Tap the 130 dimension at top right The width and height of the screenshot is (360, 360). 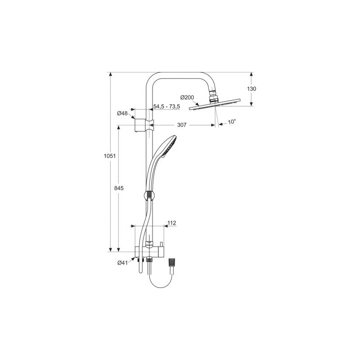(x=252, y=89)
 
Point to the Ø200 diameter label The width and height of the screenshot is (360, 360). (x=187, y=98)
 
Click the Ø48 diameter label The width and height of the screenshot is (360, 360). (x=122, y=113)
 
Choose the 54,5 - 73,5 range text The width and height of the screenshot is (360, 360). (x=166, y=107)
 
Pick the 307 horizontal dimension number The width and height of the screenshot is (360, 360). (x=182, y=125)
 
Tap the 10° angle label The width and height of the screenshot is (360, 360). (x=232, y=122)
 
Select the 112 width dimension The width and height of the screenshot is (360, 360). (x=171, y=222)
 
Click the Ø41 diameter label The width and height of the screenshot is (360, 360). (x=123, y=263)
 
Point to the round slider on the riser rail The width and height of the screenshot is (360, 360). (x=148, y=196)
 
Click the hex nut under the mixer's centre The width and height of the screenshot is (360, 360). (x=148, y=260)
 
